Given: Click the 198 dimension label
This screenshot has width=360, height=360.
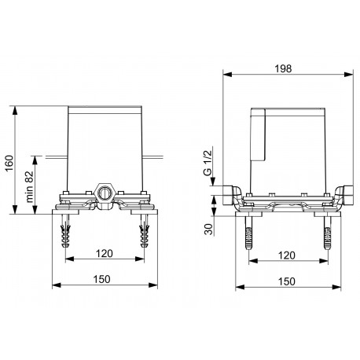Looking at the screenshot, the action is click(x=283, y=68).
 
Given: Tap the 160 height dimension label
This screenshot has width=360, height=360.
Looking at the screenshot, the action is click(x=9, y=163).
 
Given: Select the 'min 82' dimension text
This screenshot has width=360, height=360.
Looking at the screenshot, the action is click(x=30, y=186).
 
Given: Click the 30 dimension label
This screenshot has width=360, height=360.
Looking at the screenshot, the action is click(x=209, y=230).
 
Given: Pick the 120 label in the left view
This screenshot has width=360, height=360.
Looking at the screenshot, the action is click(x=104, y=254).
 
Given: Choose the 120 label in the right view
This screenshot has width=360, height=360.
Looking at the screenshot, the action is click(x=286, y=255).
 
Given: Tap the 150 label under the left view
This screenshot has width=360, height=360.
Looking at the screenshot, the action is click(x=101, y=279).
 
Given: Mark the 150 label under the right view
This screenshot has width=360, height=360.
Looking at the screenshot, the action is click(x=286, y=281).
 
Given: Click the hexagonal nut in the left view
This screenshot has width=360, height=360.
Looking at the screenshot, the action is click(x=104, y=193).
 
